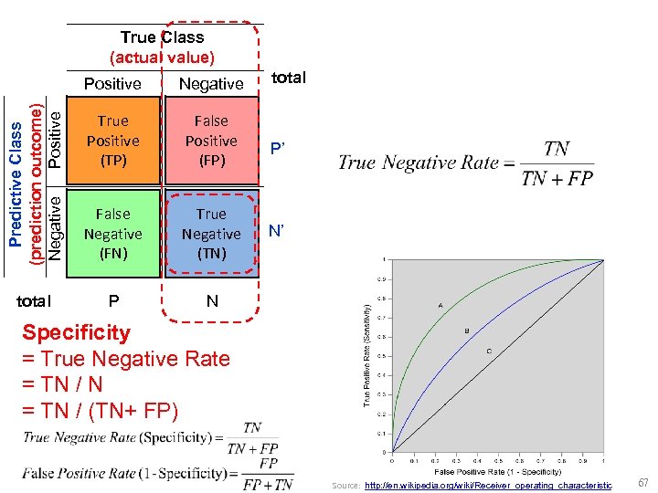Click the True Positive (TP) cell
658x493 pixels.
pyautogui.click(x=112, y=141)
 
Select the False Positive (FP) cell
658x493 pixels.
pyautogui.click(x=211, y=141)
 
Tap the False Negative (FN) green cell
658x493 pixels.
pyautogui.click(x=112, y=234)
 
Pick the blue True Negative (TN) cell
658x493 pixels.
pyautogui.click(x=211, y=234)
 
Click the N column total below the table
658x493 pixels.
pyautogui.click(x=212, y=300)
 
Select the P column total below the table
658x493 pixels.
pyautogui.click(x=113, y=300)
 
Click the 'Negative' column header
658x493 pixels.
pyautogui.click(x=211, y=84)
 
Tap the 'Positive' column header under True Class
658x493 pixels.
pyautogui.click(x=112, y=84)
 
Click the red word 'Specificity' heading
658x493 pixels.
pyautogui.click(x=77, y=333)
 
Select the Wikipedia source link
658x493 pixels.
pyautogui.click(x=488, y=485)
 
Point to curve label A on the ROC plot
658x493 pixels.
pyautogui.click(x=440, y=305)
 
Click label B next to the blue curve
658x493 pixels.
pyautogui.click(x=467, y=330)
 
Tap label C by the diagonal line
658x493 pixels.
pyautogui.click(x=488, y=351)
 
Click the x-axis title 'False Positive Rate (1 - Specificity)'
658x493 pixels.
pyautogui.click(x=497, y=471)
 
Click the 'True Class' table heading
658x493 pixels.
pyautogui.click(x=162, y=37)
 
